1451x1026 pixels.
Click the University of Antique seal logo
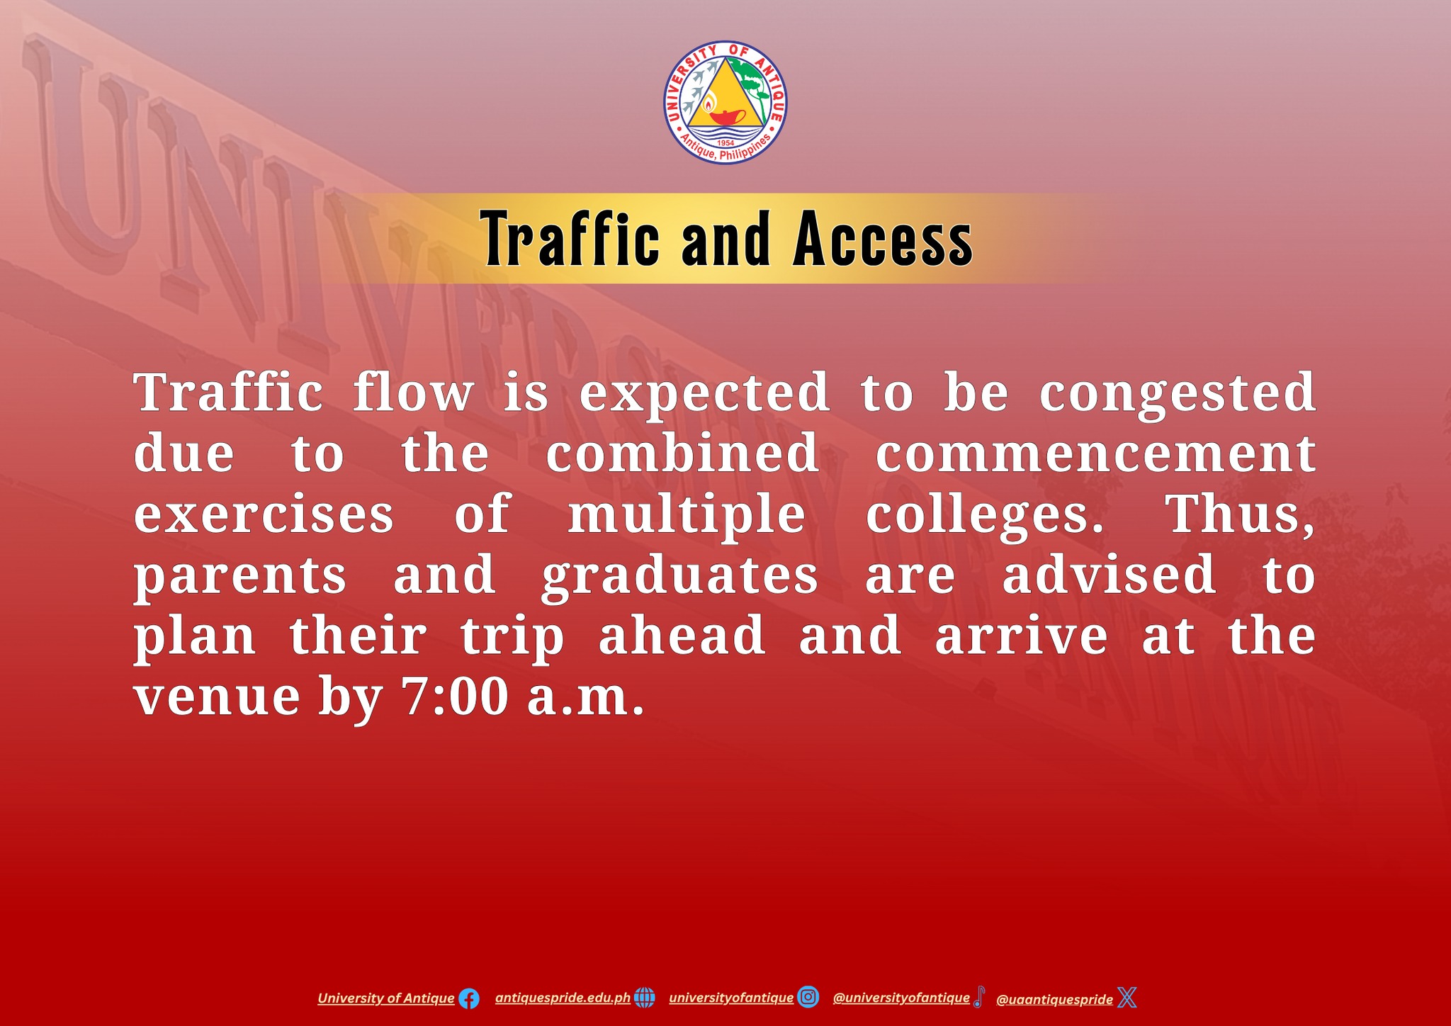pyautogui.click(x=725, y=102)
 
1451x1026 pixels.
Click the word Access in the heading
pyautogui.click(x=883, y=239)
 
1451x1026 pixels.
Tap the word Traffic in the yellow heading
pyautogui.click(x=570, y=239)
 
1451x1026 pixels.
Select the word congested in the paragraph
pyautogui.click(x=1178, y=393)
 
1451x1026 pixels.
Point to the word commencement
pyautogui.click(x=1095, y=453)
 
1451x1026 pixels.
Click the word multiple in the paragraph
pyautogui.click(x=687, y=515)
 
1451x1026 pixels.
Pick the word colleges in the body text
pyautogui.click(x=985, y=515)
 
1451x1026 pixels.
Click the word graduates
pyautogui.click(x=680, y=576)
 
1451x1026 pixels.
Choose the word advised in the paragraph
pyautogui.click(x=1109, y=575)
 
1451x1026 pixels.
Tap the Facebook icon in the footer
pyautogui.click(x=468, y=999)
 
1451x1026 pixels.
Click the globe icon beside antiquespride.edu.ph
pyautogui.click(x=644, y=998)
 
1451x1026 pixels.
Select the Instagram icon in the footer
pyautogui.click(x=808, y=998)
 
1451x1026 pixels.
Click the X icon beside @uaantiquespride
pyautogui.click(x=1127, y=998)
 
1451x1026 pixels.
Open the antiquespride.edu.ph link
pyautogui.click(x=563, y=998)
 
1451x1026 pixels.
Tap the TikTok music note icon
pyautogui.click(x=978, y=997)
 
